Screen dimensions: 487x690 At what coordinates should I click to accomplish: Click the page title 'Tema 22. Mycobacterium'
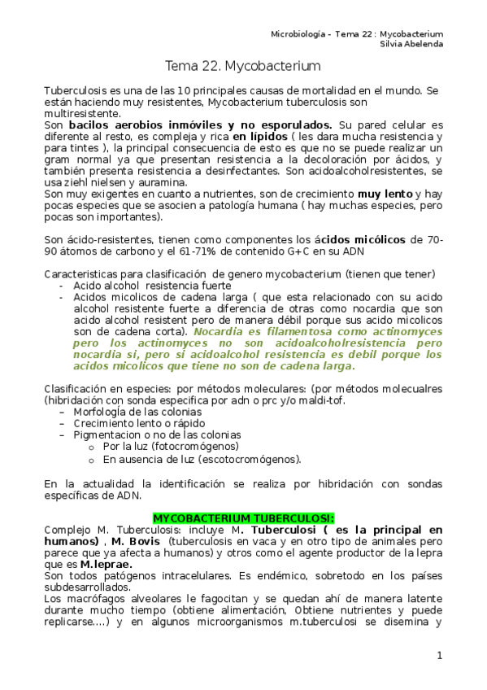[x=243, y=64]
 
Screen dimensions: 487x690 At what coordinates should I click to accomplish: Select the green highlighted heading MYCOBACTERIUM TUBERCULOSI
[x=243, y=517]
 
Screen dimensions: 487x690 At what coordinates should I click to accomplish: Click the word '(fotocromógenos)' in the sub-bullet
[x=195, y=447]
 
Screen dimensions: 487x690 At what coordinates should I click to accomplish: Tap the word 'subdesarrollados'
[x=89, y=587]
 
